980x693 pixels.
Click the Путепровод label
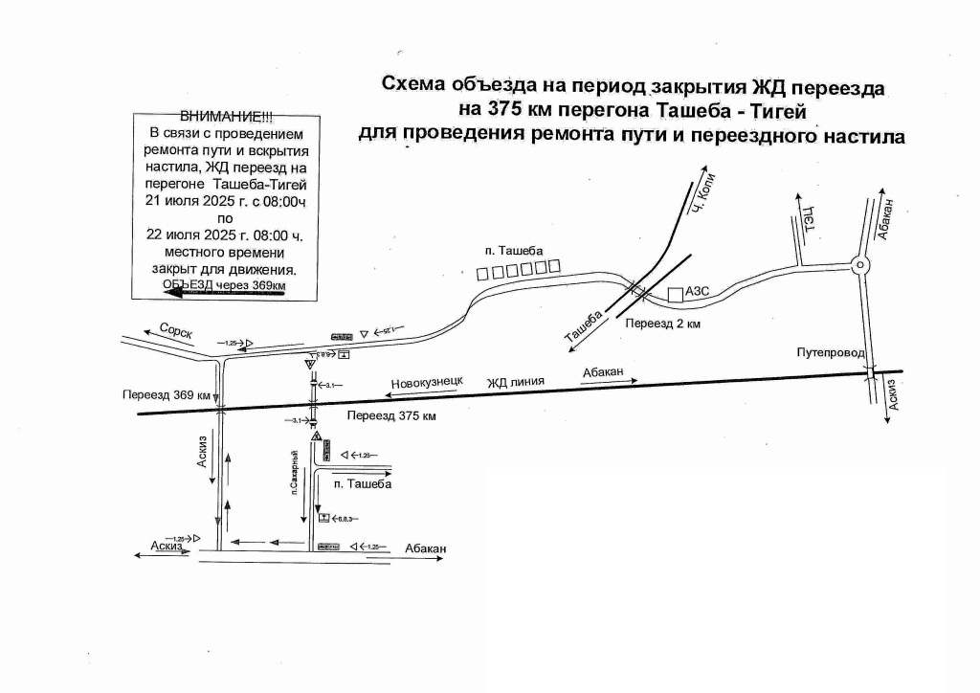[x=830, y=353]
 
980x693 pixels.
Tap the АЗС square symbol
[x=675, y=295]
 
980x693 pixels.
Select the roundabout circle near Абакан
[x=860, y=265]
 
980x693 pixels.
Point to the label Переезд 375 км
[x=391, y=417]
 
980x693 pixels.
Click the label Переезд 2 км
[x=663, y=324]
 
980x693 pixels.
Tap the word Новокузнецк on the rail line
[x=427, y=381]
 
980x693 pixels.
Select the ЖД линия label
[x=515, y=382]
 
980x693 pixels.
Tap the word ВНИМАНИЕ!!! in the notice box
[x=226, y=117]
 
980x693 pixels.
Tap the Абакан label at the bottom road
[x=425, y=548]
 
